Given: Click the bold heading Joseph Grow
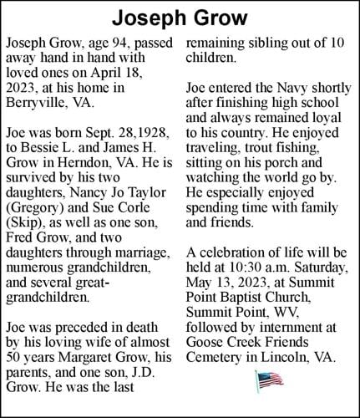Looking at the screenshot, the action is coord(180,18).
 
